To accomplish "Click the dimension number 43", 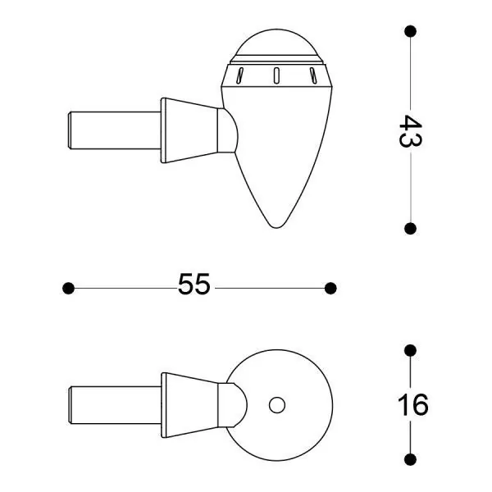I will click(410, 130).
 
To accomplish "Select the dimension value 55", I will click(194, 286).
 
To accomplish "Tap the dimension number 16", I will click(412, 404).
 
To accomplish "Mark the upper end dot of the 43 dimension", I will click(410, 31).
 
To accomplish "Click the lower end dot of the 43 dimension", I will click(410, 229).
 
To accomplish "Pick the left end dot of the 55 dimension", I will click(69, 287).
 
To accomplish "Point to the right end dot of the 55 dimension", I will click(330, 287).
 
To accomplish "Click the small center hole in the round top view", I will click(277, 404).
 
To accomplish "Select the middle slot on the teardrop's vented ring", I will click(277, 76).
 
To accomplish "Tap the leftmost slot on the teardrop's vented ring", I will click(239, 76).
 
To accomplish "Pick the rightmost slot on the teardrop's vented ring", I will click(313, 76).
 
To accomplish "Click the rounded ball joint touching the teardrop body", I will click(230, 130).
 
